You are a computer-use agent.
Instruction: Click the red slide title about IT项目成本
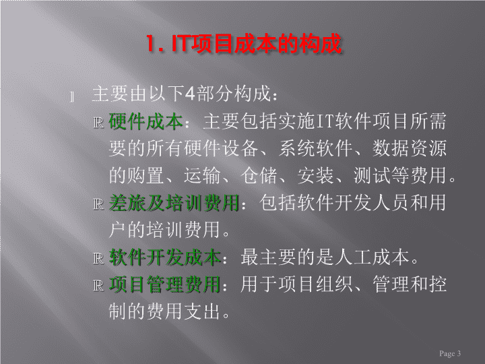244,43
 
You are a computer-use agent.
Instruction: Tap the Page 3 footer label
450,353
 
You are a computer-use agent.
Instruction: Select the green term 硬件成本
145,121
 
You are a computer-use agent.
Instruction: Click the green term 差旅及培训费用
174,203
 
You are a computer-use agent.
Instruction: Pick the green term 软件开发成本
164,257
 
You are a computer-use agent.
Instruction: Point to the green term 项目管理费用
164,284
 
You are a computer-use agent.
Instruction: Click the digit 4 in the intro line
190,93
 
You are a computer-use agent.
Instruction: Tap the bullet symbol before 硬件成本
98,123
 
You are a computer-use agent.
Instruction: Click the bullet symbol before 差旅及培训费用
98,204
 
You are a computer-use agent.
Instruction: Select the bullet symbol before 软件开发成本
98,259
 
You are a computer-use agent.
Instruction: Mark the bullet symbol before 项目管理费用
98,286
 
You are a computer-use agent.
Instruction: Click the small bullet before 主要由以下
72,97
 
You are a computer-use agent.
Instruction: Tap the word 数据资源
410,148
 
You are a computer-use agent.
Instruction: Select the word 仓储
259,175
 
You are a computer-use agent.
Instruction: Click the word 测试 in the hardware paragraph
372,175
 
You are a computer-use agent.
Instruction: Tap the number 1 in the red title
151,44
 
